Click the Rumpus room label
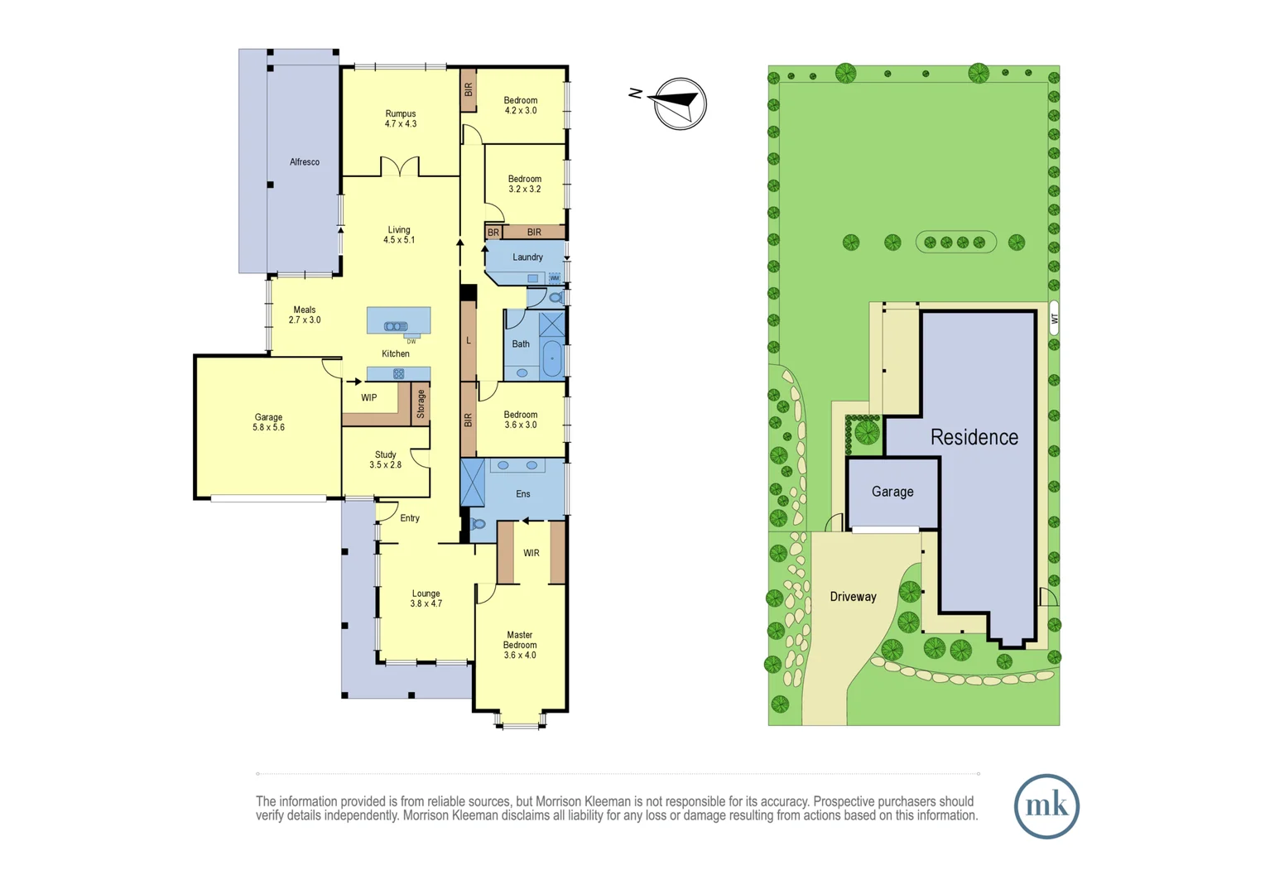point(401,118)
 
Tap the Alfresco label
point(305,162)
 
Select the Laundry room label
point(527,257)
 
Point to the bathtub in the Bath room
point(552,359)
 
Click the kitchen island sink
point(396,326)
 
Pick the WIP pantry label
point(369,398)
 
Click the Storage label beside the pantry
point(421,404)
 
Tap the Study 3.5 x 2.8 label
point(386,460)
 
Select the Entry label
point(410,518)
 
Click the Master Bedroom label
point(520,645)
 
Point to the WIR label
point(531,553)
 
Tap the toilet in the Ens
point(478,524)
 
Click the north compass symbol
point(680,103)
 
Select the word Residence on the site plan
point(974,437)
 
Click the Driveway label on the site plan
point(853,597)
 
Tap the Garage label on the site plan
point(892,492)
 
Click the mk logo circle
point(1046,806)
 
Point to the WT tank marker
point(1055,319)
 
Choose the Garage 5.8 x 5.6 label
point(268,422)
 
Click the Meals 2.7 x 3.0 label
point(305,315)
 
